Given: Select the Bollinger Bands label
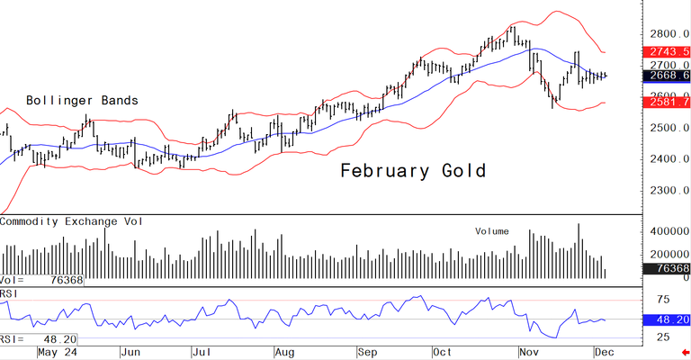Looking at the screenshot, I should [82, 100].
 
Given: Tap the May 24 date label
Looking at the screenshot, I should [51, 353].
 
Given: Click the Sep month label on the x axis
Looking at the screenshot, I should [370, 353].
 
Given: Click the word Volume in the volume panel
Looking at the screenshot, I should [491, 231].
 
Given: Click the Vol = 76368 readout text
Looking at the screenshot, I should [40, 280].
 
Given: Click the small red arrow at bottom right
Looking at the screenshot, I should [685, 354].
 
